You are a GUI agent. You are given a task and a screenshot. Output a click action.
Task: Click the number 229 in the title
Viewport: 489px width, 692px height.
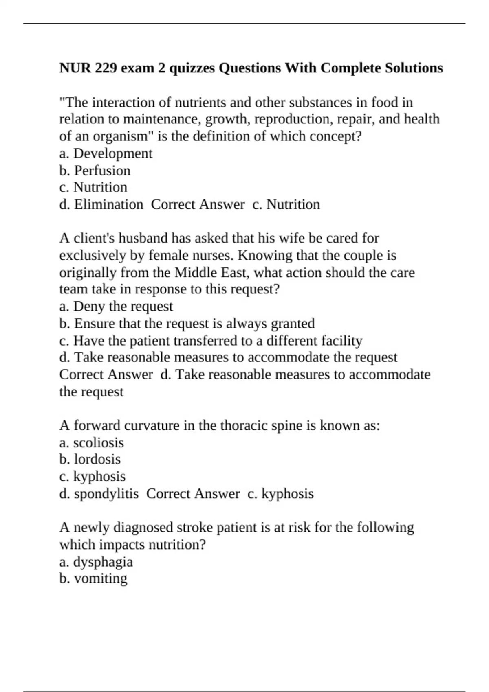pyautogui.click(x=106, y=68)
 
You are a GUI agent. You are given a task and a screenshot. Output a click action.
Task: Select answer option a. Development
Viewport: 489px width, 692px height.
pyautogui.click(x=106, y=153)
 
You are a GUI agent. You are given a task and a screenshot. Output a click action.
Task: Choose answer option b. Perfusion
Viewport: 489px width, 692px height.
pyautogui.click(x=95, y=171)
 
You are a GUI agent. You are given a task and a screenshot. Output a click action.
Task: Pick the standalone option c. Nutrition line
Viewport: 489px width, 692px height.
pyautogui.click(x=93, y=187)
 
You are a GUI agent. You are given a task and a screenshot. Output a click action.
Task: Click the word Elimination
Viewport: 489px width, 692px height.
pyautogui.click(x=108, y=204)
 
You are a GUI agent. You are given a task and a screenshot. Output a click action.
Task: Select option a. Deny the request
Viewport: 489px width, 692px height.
pyautogui.click(x=116, y=307)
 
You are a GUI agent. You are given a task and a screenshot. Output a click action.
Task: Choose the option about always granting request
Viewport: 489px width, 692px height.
pyautogui.click(x=187, y=324)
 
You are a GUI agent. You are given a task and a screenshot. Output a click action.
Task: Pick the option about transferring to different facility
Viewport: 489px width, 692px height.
pyautogui.click(x=211, y=341)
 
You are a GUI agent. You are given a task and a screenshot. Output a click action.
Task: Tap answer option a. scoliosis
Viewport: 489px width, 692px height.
pyautogui.click(x=91, y=443)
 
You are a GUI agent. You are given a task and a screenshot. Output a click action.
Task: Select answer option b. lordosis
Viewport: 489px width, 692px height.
pyautogui.click(x=90, y=460)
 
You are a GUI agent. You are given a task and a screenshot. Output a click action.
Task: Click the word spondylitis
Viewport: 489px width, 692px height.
pyautogui.click(x=106, y=494)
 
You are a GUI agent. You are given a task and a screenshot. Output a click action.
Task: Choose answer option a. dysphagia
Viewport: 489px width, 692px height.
pyautogui.click(x=96, y=562)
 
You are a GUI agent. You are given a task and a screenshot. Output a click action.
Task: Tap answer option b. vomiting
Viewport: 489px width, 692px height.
pyautogui.click(x=93, y=578)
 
